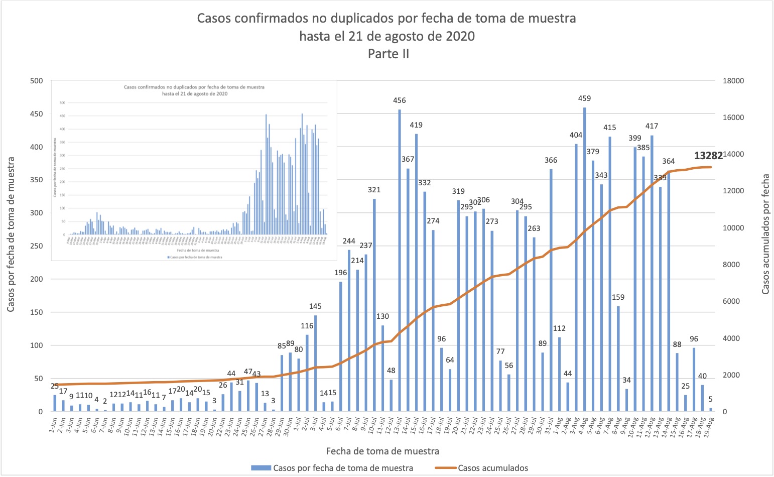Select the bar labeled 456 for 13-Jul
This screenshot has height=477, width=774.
pos(400,261)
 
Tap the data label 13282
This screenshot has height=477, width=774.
pos(708,156)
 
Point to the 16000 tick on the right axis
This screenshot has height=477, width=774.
pos(733,117)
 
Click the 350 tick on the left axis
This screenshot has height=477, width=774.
pos(37,180)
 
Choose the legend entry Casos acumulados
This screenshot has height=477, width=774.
pos(492,468)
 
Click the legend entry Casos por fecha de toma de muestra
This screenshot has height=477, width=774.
pos(343,468)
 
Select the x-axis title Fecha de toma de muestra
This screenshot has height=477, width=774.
pos(382,451)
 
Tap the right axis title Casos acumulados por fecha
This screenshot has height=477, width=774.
pos(765,234)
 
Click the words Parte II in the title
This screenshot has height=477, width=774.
pos(388,54)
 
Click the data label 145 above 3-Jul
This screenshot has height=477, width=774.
pos(315,306)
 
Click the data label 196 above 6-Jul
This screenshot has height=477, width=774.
pos(341,273)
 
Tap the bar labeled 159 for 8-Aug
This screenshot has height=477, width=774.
pos(618,359)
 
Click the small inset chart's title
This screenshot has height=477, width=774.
pos(194,90)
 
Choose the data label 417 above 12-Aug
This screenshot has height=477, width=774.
pos(652,126)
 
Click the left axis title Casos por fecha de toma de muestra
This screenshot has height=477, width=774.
pos(11,234)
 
